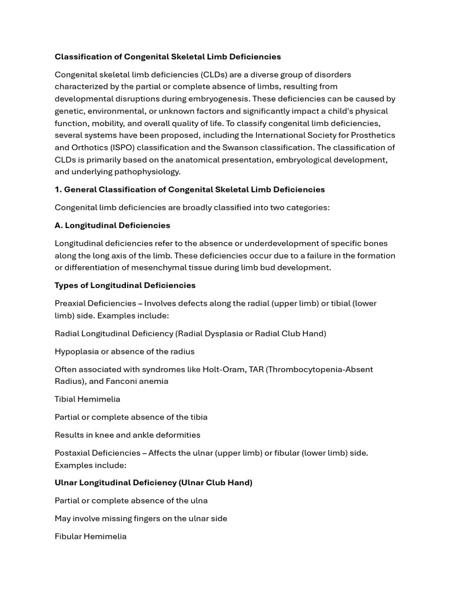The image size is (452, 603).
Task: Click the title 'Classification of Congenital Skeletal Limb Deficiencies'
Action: [168, 57]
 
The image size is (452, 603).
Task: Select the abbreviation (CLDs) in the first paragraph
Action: [217, 75]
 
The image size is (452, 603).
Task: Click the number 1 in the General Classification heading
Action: [57, 190]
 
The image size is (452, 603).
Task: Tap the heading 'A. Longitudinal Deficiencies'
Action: [112, 226]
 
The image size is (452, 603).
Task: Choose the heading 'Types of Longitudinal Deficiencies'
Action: [125, 286]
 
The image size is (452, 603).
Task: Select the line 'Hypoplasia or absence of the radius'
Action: [125, 352]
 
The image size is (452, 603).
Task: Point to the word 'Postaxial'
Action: [74, 453]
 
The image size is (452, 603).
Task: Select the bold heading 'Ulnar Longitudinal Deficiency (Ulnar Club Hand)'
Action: [154, 483]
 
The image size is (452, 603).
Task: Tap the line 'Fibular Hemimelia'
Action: [91, 536]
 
